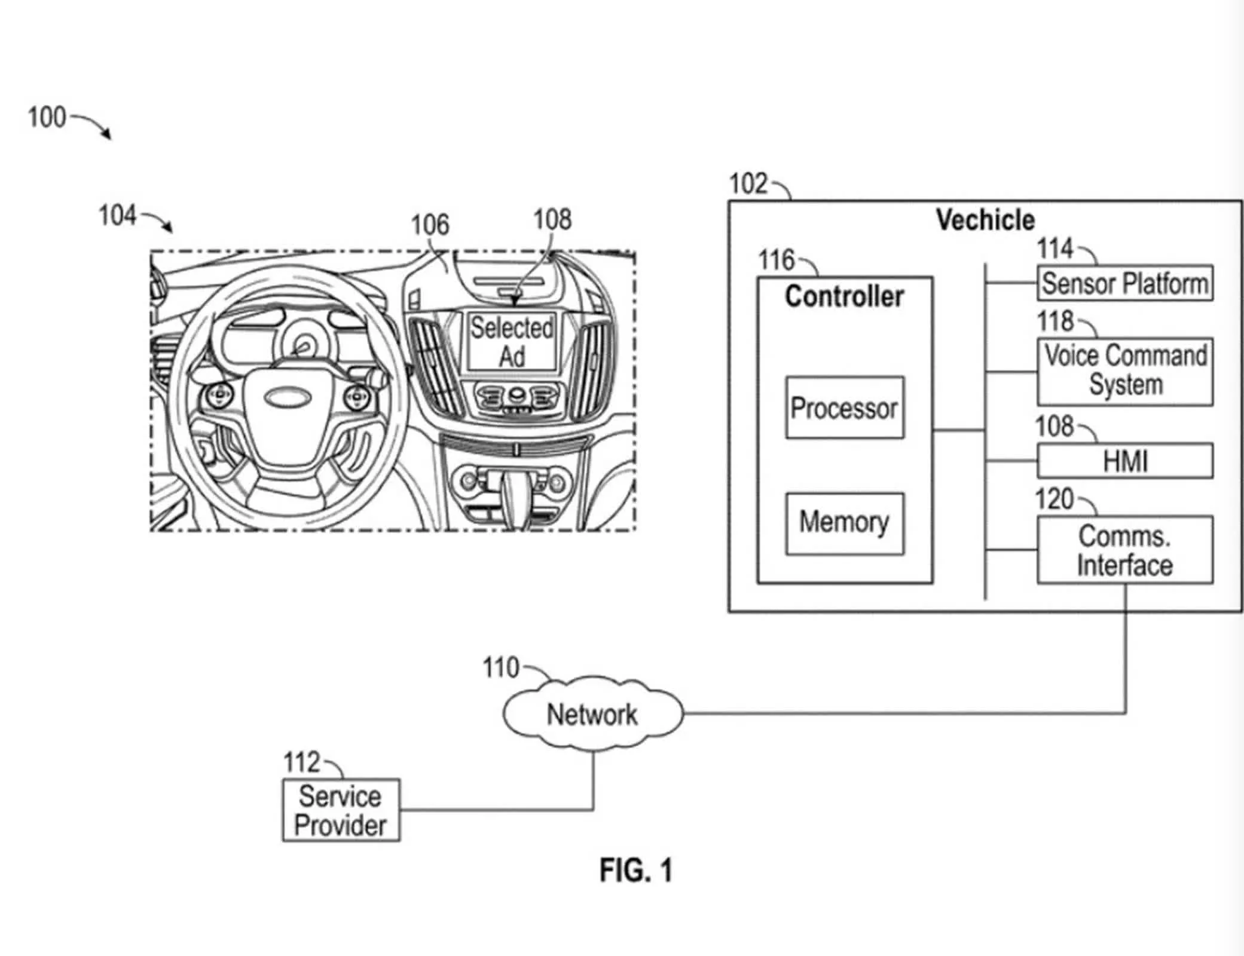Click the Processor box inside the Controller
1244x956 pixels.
[x=844, y=407]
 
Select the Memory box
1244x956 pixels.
[x=844, y=523]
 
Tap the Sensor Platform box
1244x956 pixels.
[x=1124, y=283]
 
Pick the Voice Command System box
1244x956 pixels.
[x=1124, y=371]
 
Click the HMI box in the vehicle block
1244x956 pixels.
[x=1124, y=461]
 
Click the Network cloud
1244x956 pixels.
[x=592, y=714]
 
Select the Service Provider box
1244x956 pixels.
[x=341, y=810]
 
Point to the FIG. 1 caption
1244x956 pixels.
[x=636, y=870]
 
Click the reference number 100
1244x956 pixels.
[x=47, y=117]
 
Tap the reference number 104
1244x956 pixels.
[x=117, y=216]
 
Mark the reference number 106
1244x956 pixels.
[x=429, y=225]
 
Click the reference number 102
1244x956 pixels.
[x=748, y=183]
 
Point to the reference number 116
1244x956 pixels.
[x=776, y=260]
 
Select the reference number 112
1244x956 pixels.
[x=301, y=762]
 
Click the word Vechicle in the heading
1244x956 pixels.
[x=985, y=220]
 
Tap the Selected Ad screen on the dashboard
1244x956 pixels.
[x=512, y=342]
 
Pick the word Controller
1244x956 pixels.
[x=844, y=296]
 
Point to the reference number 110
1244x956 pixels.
[x=500, y=667]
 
